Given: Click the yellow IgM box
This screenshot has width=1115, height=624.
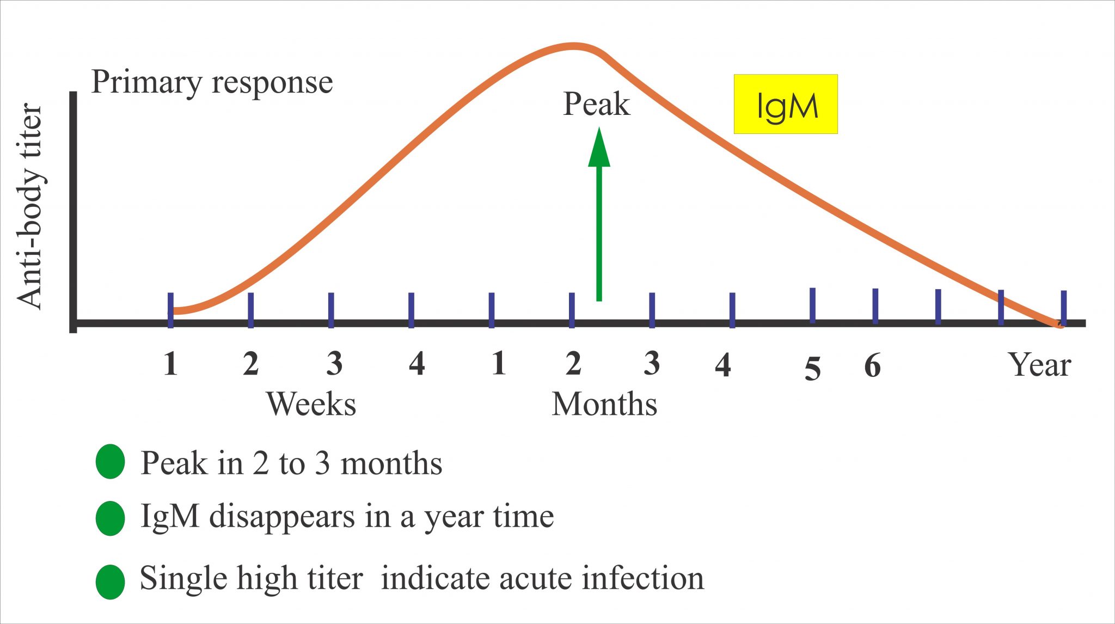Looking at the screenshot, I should coord(785,104).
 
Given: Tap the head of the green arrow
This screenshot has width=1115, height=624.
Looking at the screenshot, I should coord(599,148).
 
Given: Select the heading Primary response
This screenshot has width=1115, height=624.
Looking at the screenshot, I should coord(212,83).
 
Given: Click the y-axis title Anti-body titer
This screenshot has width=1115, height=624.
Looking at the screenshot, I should coord(29,206).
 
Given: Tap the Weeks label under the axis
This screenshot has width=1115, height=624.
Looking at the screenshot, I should coord(311,405).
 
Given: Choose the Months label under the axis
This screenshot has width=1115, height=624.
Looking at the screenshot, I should coord(604,405).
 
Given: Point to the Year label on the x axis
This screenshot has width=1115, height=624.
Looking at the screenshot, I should coord(1039,365).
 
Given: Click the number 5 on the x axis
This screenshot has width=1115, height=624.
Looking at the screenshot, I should coord(812,369).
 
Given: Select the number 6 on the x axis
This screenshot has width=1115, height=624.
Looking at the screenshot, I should coord(872,366).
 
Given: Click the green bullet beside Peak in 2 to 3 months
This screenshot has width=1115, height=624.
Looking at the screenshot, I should coord(111,462).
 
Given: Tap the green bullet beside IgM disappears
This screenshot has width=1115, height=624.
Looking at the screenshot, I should coord(111,518).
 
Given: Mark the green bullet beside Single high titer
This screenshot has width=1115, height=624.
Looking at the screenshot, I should coord(111,582).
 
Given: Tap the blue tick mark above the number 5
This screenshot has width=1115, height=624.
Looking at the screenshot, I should coord(812,305).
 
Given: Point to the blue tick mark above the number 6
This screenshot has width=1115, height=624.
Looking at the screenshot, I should coord(875,306).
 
